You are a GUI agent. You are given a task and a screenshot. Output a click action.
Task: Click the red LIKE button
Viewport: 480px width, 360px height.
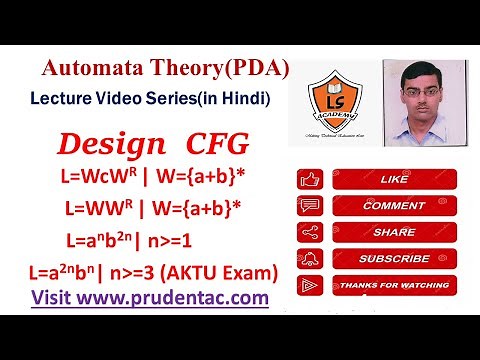click(380, 180)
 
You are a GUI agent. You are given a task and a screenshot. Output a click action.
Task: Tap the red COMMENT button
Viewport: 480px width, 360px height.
click(380, 205)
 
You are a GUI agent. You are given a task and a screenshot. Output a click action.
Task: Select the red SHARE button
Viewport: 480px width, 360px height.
click(380, 231)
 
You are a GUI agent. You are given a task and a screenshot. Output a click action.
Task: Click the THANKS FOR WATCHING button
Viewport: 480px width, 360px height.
click(380, 285)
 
